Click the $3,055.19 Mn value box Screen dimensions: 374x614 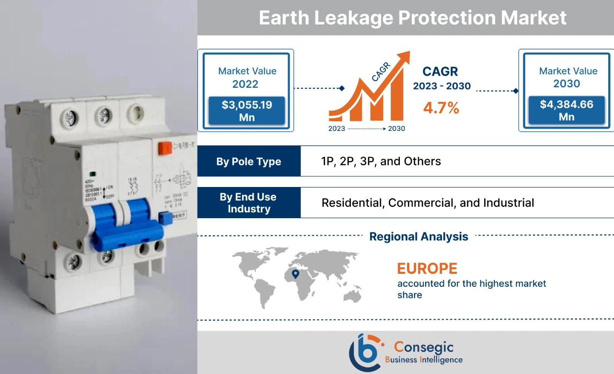pos(247,111)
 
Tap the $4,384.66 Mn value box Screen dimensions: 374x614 pos(566,110)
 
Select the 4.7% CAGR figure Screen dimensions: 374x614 pos(441,108)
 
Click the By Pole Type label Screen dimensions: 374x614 pos(249,162)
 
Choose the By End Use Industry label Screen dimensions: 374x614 pos(249,203)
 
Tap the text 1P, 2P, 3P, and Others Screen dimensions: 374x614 pos(381,161)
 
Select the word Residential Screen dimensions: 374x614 pos(352,203)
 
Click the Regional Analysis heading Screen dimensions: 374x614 pos(419,236)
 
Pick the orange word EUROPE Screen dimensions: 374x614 pos(427,268)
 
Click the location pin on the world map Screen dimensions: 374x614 pos(295,274)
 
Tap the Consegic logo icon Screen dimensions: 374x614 pos(366,352)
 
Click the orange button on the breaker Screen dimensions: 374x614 pos(164,147)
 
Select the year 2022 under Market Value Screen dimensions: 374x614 pos(245,84)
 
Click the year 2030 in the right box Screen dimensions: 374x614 pos(567,84)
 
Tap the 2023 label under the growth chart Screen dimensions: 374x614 pos(336,129)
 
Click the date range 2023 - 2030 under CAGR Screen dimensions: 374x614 pos(441,86)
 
